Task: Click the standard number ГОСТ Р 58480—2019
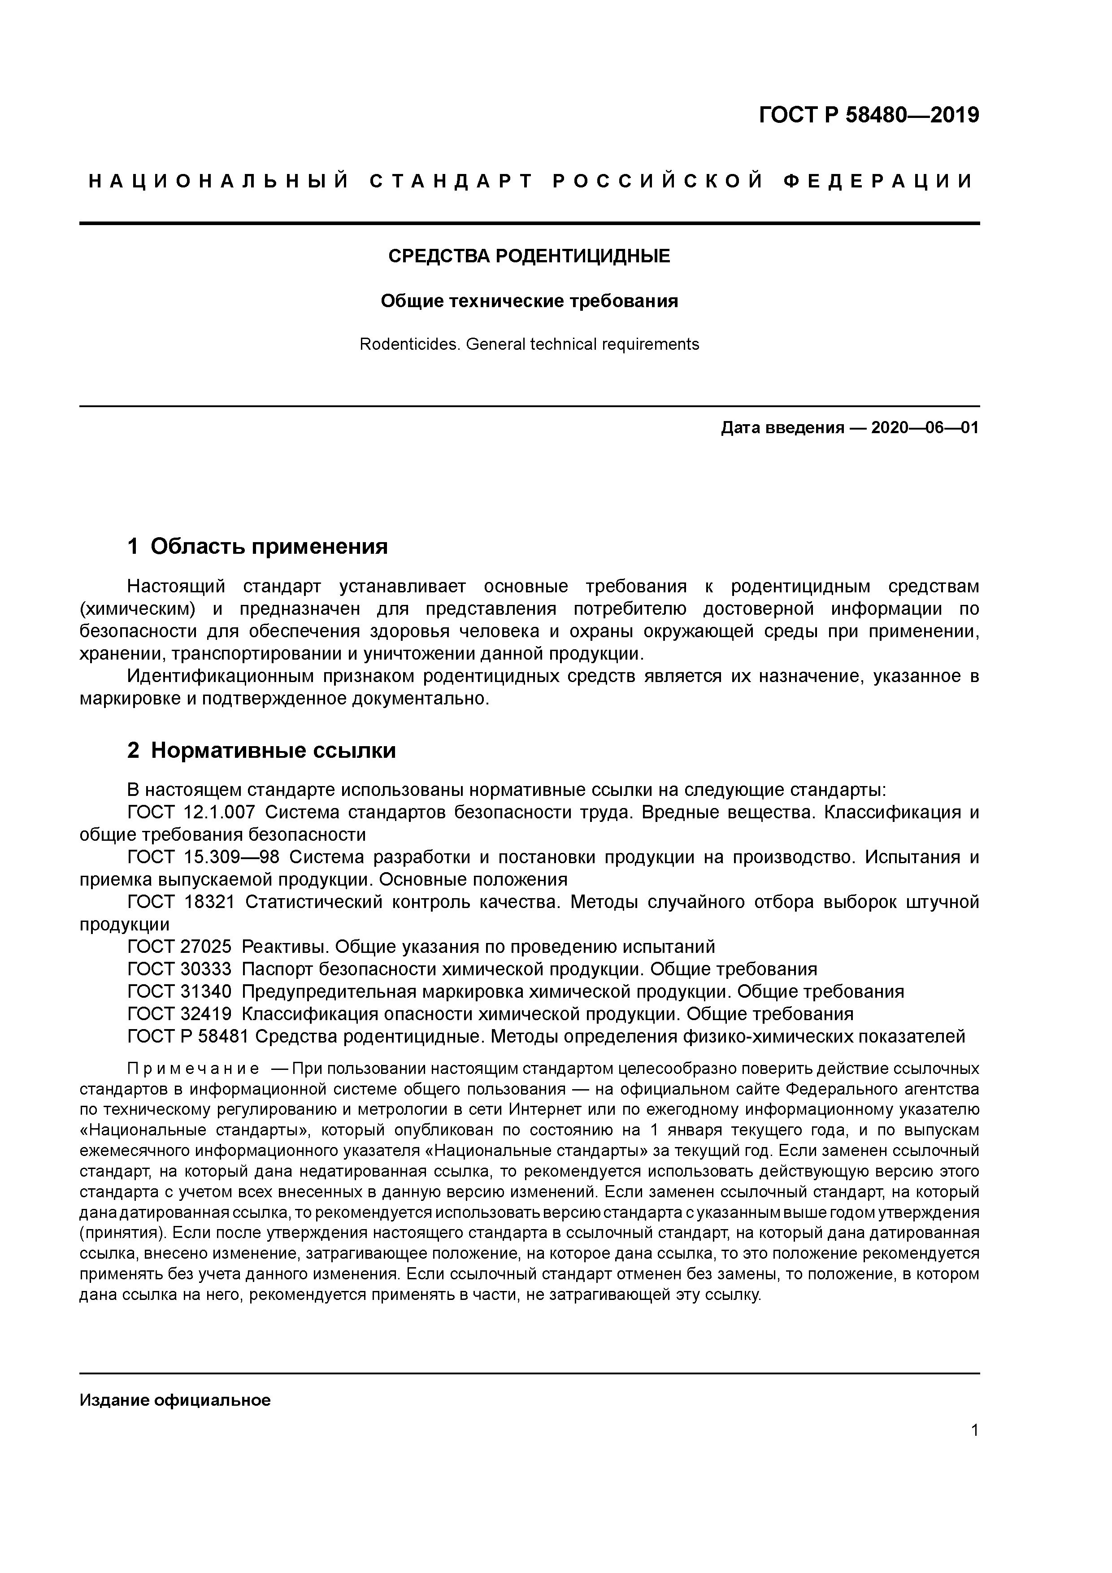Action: (869, 115)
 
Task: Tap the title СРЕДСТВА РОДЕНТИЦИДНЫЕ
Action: (529, 256)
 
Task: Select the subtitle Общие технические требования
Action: (529, 301)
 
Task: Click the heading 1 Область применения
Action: (258, 547)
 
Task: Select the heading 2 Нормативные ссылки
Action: (262, 751)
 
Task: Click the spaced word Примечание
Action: (193, 1069)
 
